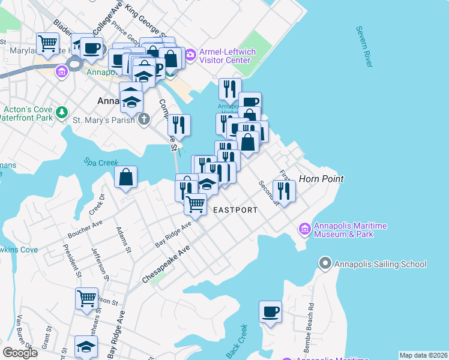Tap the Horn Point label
point(321,179)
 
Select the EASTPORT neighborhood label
point(235,210)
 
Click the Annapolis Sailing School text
point(381,264)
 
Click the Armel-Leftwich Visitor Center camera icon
point(190,56)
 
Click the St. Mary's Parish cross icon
point(143,120)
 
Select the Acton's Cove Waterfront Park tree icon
point(61,113)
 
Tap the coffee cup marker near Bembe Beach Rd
point(271,311)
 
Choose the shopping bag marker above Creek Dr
point(126,177)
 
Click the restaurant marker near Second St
point(283,191)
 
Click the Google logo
point(20,353)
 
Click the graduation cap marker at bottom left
point(86,346)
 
